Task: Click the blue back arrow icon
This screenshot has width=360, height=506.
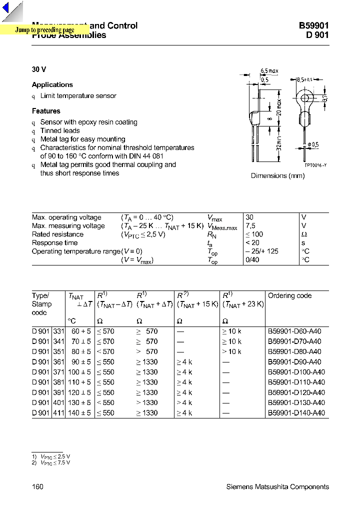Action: point(12,11)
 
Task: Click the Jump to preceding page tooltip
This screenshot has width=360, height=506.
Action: point(44,30)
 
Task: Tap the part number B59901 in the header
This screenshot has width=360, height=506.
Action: point(314,26)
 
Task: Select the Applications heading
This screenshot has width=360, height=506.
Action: point(52,85)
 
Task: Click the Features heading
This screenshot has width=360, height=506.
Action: point(46,111)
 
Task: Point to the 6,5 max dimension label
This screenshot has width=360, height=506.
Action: point(269,71)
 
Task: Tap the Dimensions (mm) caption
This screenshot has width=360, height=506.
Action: point(277,176)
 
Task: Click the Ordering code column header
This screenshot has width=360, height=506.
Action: point(289,295)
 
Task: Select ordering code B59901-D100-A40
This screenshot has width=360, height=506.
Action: point(296,372)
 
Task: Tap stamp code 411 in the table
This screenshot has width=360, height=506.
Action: point(58,413)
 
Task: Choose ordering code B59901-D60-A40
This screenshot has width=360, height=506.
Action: point(294,331)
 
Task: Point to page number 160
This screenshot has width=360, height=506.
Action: point(38,487)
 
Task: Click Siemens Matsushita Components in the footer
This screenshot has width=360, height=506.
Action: point(277,487)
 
